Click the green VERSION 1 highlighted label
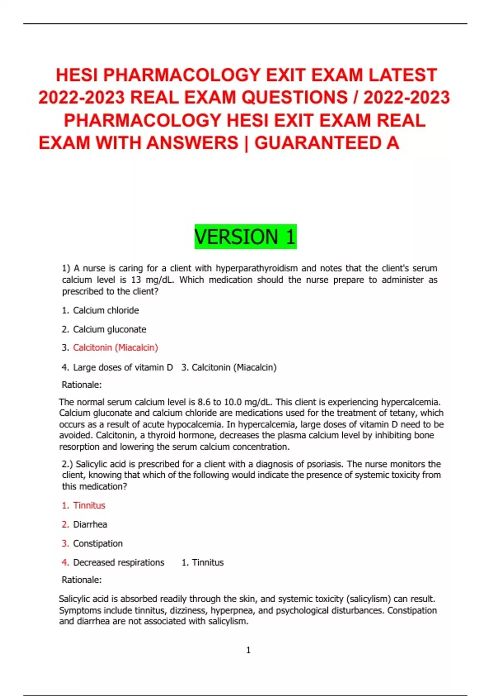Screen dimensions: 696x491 (x=245, y=237)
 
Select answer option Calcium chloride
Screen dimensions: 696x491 (x=106, y=310)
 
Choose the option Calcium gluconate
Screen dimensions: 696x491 (x=109, y=329)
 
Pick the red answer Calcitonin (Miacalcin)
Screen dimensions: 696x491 (x=115, y=348)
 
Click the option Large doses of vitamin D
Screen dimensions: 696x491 (x=123, y=367)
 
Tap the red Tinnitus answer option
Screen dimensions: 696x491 (x=89, y=505)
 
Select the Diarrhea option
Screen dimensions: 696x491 (x=90, y=524)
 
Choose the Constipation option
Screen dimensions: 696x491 (x=98, y=543)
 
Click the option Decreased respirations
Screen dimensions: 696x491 (x=119, y=563)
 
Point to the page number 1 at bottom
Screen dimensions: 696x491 (x=248, y=650)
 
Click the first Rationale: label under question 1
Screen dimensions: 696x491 (x=81, y=385)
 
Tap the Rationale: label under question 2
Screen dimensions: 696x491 (x=81, y=580)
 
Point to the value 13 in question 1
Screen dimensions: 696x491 (x=136, y=280)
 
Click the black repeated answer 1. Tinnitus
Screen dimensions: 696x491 (x=203, y=563)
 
